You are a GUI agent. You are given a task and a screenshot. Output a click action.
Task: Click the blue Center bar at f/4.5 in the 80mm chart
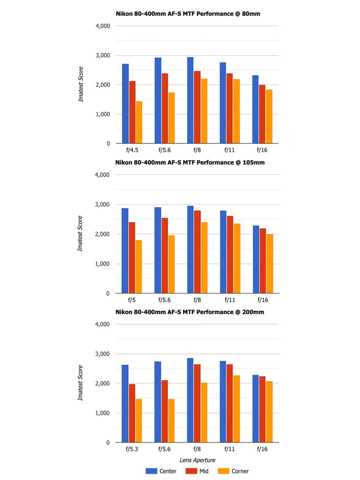click(125, 104)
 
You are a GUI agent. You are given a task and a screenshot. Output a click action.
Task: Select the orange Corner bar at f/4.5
click(139, 122)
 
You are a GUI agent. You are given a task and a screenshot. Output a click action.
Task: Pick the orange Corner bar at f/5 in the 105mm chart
click(139, 266)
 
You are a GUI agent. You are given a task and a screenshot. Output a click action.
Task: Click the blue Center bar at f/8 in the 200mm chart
click(190, 400)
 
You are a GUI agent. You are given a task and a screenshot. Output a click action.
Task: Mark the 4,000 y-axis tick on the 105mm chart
click(103, 175)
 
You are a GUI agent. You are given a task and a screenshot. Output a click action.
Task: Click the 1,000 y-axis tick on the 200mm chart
click(103, 413)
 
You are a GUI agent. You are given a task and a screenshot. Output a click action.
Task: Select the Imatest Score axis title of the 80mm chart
click(81, 84)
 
